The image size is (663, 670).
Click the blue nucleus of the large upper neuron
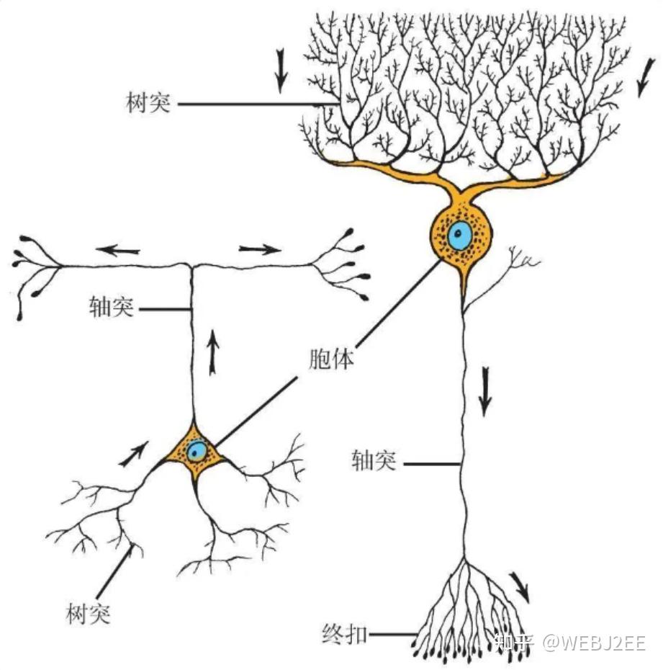point(459,236)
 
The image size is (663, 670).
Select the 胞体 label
point(331,359)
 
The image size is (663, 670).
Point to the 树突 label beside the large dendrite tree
point(147,103)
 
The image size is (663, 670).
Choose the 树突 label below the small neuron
point(87,614)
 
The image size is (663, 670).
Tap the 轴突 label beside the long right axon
point(374,462)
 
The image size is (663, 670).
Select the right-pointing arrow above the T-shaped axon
point(260,250)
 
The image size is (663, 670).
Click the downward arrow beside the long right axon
point(485,393)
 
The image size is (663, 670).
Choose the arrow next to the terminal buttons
point(519,586)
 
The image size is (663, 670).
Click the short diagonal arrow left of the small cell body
point(137,452)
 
